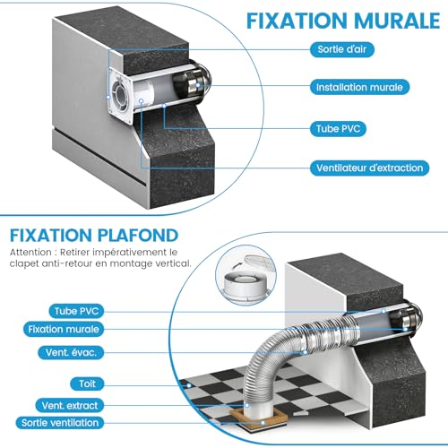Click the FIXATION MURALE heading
[x=343, y=21]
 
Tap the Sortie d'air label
[x=342, y=49]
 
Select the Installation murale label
[x=359, y=87]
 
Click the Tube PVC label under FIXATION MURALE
[x=338, y=129]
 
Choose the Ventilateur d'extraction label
[x=369, y=168]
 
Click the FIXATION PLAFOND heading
[x=94, y=236]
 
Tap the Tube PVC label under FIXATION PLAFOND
[x=76, y=311]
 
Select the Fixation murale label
[x=64, y=329]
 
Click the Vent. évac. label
[x=71, y=352]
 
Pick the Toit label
[x=87, y=383]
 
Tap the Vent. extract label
[x=70, y=406]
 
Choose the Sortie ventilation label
[x=60, y=423]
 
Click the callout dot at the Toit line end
[x=189, y=385]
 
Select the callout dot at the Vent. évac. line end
[x=306, y=352]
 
